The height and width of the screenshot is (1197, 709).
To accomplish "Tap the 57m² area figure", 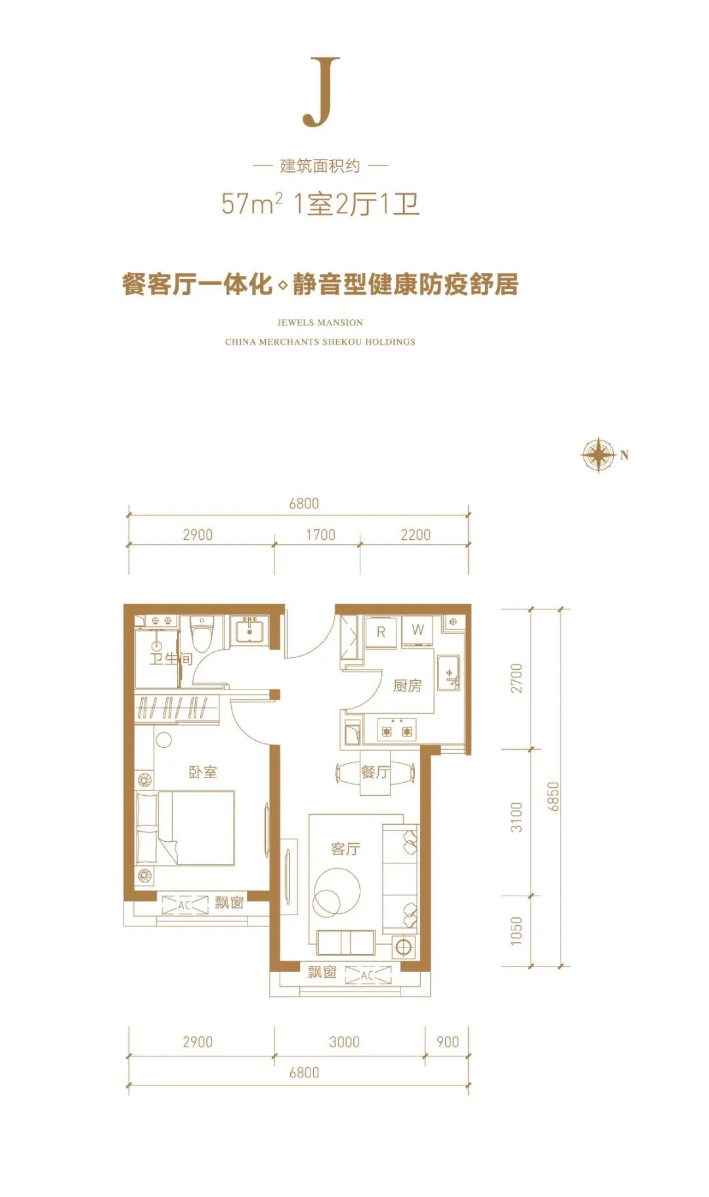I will click(251, 203).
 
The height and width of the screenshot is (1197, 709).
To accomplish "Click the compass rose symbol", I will click(598, 454).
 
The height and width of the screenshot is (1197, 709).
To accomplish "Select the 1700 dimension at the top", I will click(320, 534).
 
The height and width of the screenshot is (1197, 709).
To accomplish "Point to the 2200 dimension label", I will click(416, 534).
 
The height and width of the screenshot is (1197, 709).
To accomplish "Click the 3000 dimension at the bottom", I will click(344, 1041).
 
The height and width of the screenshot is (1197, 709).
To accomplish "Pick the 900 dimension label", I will click(447, 1041).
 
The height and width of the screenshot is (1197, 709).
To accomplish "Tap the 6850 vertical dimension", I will click(553, 796).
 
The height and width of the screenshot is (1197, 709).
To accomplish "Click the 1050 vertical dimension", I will click(517, 930).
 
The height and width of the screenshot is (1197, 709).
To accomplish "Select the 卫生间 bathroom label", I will click(170, 659).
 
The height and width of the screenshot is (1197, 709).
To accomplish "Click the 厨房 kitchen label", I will click(407, 686).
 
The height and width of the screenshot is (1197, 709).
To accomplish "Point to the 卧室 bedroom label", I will click(202, 772).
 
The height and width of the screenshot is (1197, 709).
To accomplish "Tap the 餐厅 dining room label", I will click(375, 772).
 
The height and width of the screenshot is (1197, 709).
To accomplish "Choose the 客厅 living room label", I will click(345, 849).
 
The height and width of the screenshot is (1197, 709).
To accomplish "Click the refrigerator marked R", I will click(381, 632).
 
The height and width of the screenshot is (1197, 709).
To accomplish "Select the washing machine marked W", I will click(418, 630).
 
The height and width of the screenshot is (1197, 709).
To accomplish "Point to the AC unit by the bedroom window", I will click(184, 905).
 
